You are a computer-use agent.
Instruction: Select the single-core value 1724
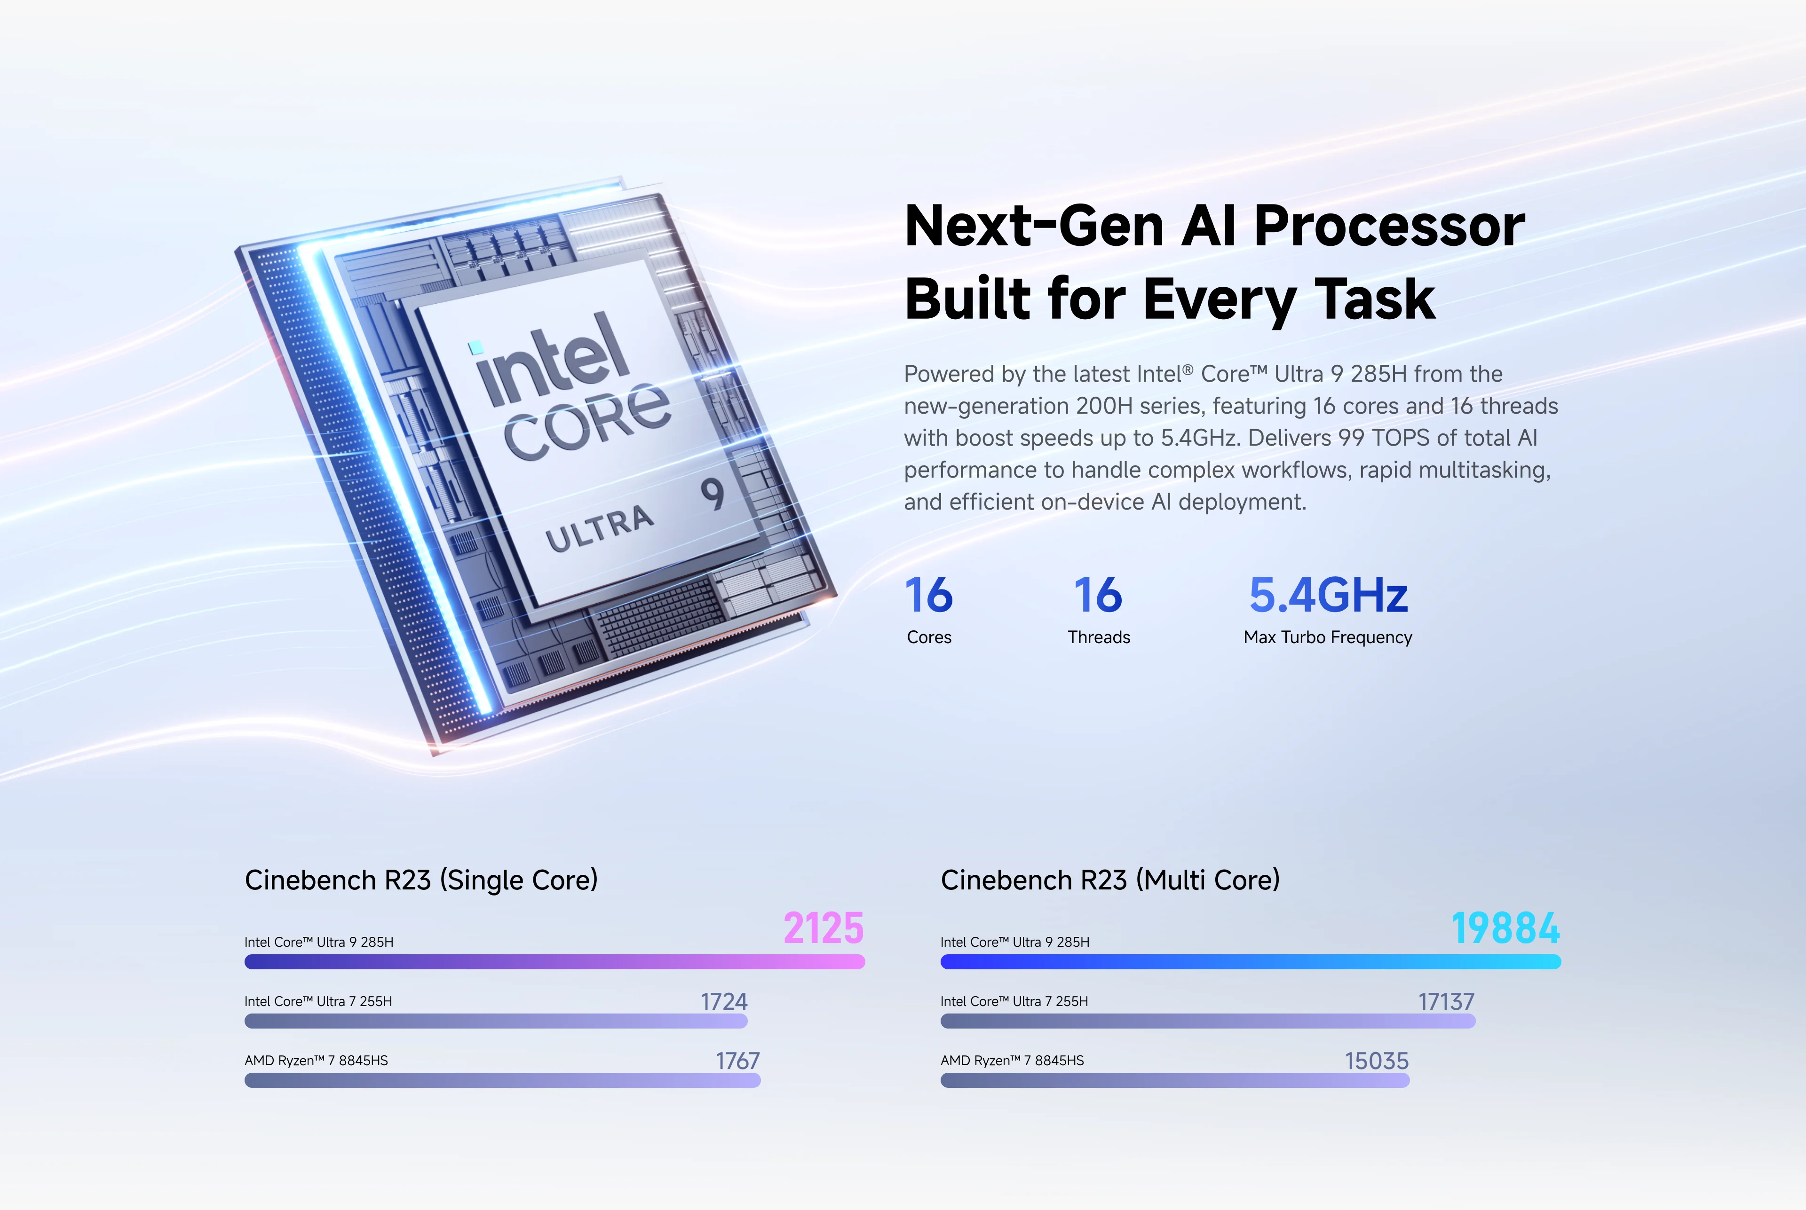coord(723,1002)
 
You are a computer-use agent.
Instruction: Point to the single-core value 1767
coord(737,1061)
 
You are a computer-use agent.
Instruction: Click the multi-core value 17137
coord(1445,1002)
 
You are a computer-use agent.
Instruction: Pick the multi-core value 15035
coord(1376,1061)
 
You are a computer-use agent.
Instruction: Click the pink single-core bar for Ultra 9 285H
coord(554,961)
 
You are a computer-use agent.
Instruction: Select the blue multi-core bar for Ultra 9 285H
coord(1250,961)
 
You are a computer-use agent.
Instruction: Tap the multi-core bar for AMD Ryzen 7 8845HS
coord(1174,1080)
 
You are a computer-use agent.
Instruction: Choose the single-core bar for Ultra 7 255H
coord(496,1021)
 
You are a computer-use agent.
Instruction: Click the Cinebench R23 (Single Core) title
coord(421,880)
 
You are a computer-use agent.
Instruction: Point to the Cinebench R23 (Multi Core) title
coord(1109,880)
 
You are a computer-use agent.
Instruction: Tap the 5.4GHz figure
coord(1328,595)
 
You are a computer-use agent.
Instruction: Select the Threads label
coord(1098,637)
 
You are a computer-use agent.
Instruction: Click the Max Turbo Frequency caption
coord(1327,637)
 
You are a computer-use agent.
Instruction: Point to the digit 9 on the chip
coord(713,494)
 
